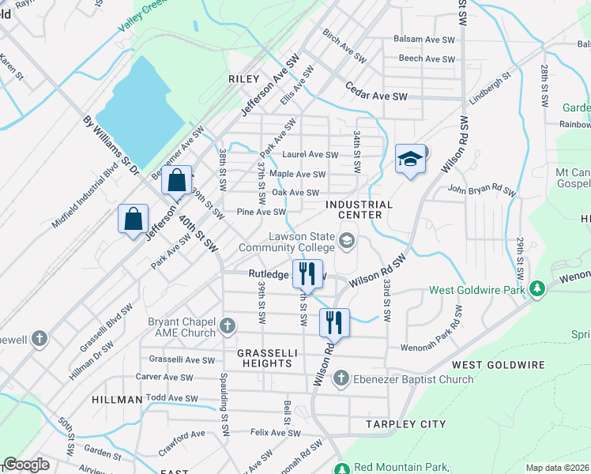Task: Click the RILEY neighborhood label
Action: coord(243,79)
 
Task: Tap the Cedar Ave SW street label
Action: coord(375,96)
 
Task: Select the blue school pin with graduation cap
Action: coord(410,159)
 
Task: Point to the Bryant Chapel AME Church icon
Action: coord(228,326)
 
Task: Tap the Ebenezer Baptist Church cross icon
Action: coord(341,379)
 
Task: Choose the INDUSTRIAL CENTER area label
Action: coord(359,209)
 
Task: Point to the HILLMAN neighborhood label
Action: coord(116,400)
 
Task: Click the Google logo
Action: coord(27,465)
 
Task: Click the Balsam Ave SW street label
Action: coord(427,39)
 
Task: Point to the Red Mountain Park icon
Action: coord(341,467)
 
